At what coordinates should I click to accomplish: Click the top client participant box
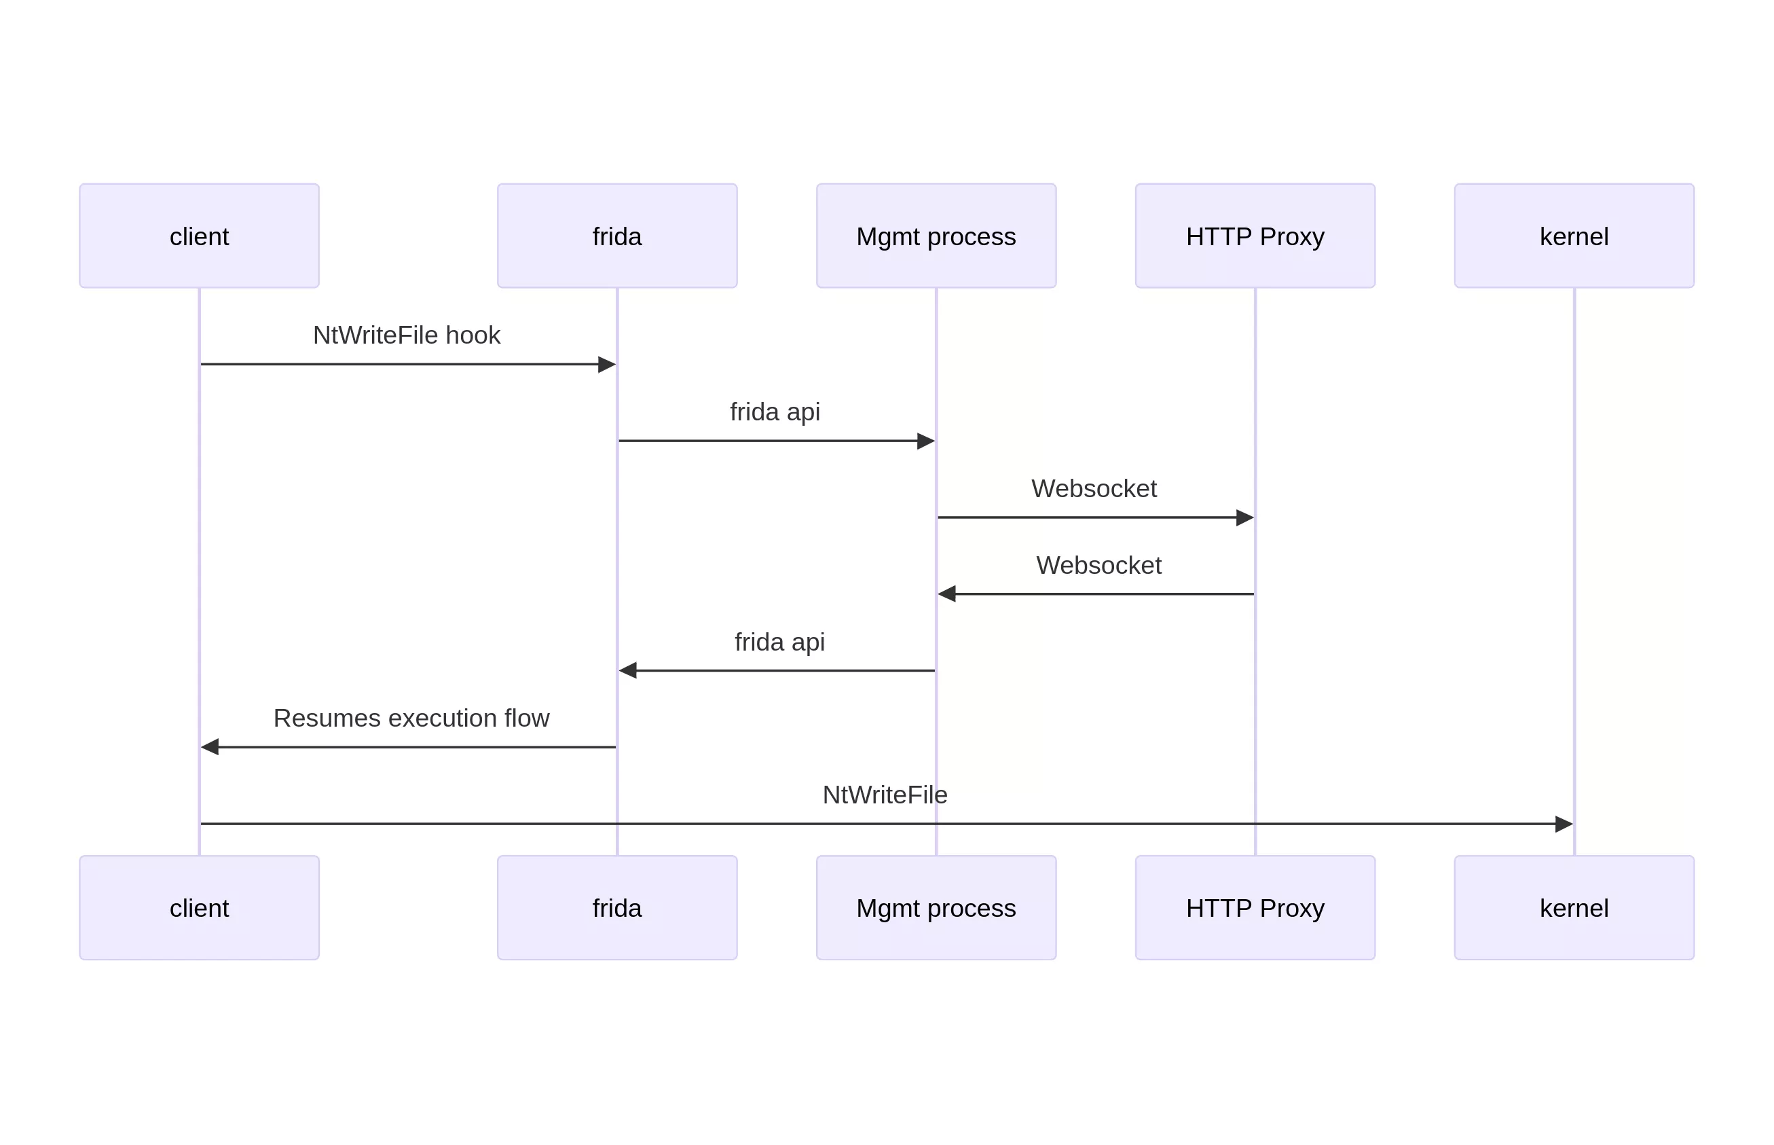click(199, 236)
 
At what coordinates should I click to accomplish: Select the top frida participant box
click(617, 236)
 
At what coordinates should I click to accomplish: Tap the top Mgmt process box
click(936, 236)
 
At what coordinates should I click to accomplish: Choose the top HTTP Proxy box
click(1255, 236)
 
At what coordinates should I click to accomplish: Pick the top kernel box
click(1573, 236)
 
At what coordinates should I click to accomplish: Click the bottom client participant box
click(199, 907)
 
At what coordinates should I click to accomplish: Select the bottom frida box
click(617, 907)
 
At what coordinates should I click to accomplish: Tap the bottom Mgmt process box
click(936, 907)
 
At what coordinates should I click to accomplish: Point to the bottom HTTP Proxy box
click(1255, 907)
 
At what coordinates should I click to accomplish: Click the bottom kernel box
click(1573, 907)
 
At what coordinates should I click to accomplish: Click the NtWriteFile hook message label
click(407, 335)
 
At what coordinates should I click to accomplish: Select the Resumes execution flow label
click(411, 719)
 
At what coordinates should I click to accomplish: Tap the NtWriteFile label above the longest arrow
click(885, 795)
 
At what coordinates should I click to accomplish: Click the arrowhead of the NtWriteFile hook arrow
click(607, 364)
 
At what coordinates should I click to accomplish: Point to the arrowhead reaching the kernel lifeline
click(1564, 824)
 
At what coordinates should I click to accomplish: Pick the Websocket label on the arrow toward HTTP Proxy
click(1093, 488)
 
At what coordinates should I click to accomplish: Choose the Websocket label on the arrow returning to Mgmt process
click(1098, 565)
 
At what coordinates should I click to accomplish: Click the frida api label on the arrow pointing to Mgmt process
click(775, 412)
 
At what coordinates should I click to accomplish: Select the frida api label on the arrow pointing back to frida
click(779, 642)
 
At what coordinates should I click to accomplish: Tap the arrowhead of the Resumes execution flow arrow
click(210, 746)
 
